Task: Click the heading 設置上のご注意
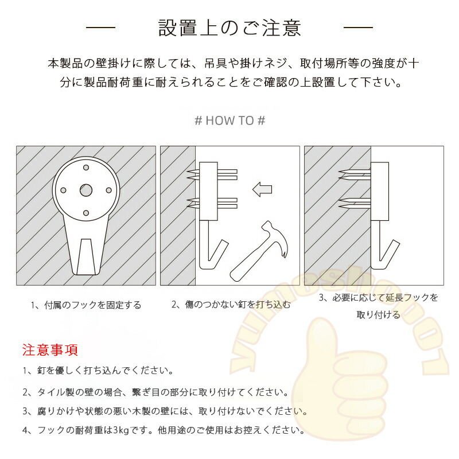229,28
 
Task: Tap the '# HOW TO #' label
230,120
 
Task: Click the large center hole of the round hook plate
86,190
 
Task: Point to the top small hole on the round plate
86,168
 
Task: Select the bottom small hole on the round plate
86,213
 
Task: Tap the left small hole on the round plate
63,190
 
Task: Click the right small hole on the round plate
109,190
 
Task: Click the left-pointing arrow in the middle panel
262,189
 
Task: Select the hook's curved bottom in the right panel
380,266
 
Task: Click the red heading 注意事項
50,350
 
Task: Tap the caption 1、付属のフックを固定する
86,305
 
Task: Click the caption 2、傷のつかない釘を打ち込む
231,305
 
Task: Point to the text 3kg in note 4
121,430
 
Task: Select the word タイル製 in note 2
56,392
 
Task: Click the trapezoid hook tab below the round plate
86,256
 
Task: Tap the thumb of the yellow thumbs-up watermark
321,340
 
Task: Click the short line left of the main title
101,28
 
